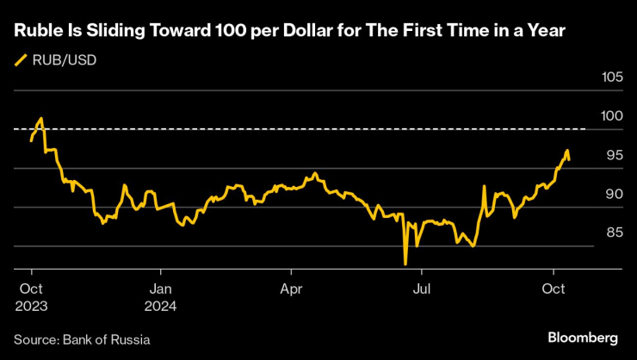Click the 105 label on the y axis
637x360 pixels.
pos(611,78)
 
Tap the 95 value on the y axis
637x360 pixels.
pos(613,155)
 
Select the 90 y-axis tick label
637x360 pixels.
pos(613,194)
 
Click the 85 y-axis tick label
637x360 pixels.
pos(613,233)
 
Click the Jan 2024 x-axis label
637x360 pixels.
pos(161,295)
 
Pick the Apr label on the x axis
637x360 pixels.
pos(291,289)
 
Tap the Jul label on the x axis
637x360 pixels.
pos(422,289)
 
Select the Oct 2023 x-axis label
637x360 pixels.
pos(30,295)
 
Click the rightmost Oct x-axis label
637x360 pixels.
pos(554,289)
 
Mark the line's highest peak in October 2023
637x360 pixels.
pos(41,119)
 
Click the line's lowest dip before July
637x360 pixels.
pos(405,264)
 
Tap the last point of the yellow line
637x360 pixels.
pos(569,159)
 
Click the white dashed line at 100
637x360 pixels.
pos(310,129)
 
